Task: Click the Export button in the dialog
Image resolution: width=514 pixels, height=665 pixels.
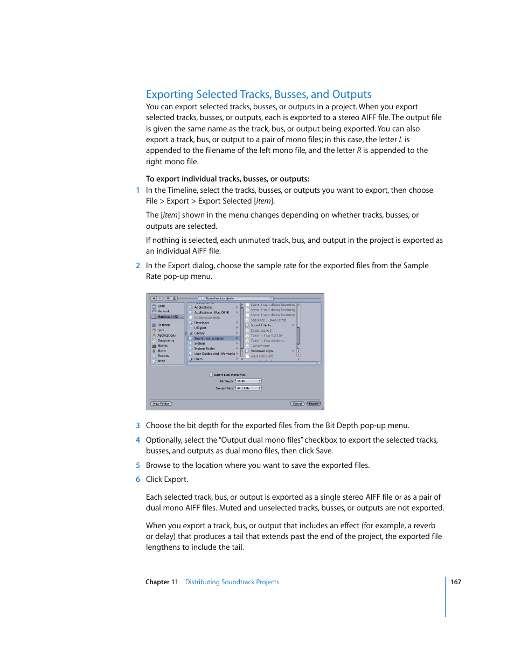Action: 314,403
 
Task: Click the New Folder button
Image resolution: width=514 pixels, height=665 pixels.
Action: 161,403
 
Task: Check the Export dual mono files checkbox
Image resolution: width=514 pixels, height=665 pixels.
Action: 211,375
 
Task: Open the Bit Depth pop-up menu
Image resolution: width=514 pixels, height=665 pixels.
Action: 248,381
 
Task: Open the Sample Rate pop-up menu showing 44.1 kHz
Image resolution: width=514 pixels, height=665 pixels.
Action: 248,388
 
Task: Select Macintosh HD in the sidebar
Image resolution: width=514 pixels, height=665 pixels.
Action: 167,317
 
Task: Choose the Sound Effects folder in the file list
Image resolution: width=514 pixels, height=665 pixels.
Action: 261,325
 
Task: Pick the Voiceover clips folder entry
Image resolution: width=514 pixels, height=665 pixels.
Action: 262,351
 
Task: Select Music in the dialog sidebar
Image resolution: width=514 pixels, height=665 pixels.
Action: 162,351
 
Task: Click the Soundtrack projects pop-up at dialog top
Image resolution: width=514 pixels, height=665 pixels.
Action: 235,298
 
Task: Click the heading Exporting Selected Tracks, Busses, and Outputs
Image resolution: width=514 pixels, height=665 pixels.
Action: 259,94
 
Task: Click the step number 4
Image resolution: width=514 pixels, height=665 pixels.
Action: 138,440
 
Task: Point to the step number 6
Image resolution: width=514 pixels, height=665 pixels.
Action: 138,479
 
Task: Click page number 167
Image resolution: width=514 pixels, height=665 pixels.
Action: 456,582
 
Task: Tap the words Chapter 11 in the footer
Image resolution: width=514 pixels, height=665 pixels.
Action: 162,582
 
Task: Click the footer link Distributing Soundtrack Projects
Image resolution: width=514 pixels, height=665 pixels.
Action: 232,582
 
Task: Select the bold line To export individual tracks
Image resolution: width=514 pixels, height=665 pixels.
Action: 227,179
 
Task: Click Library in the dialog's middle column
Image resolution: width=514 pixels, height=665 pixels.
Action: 199,333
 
